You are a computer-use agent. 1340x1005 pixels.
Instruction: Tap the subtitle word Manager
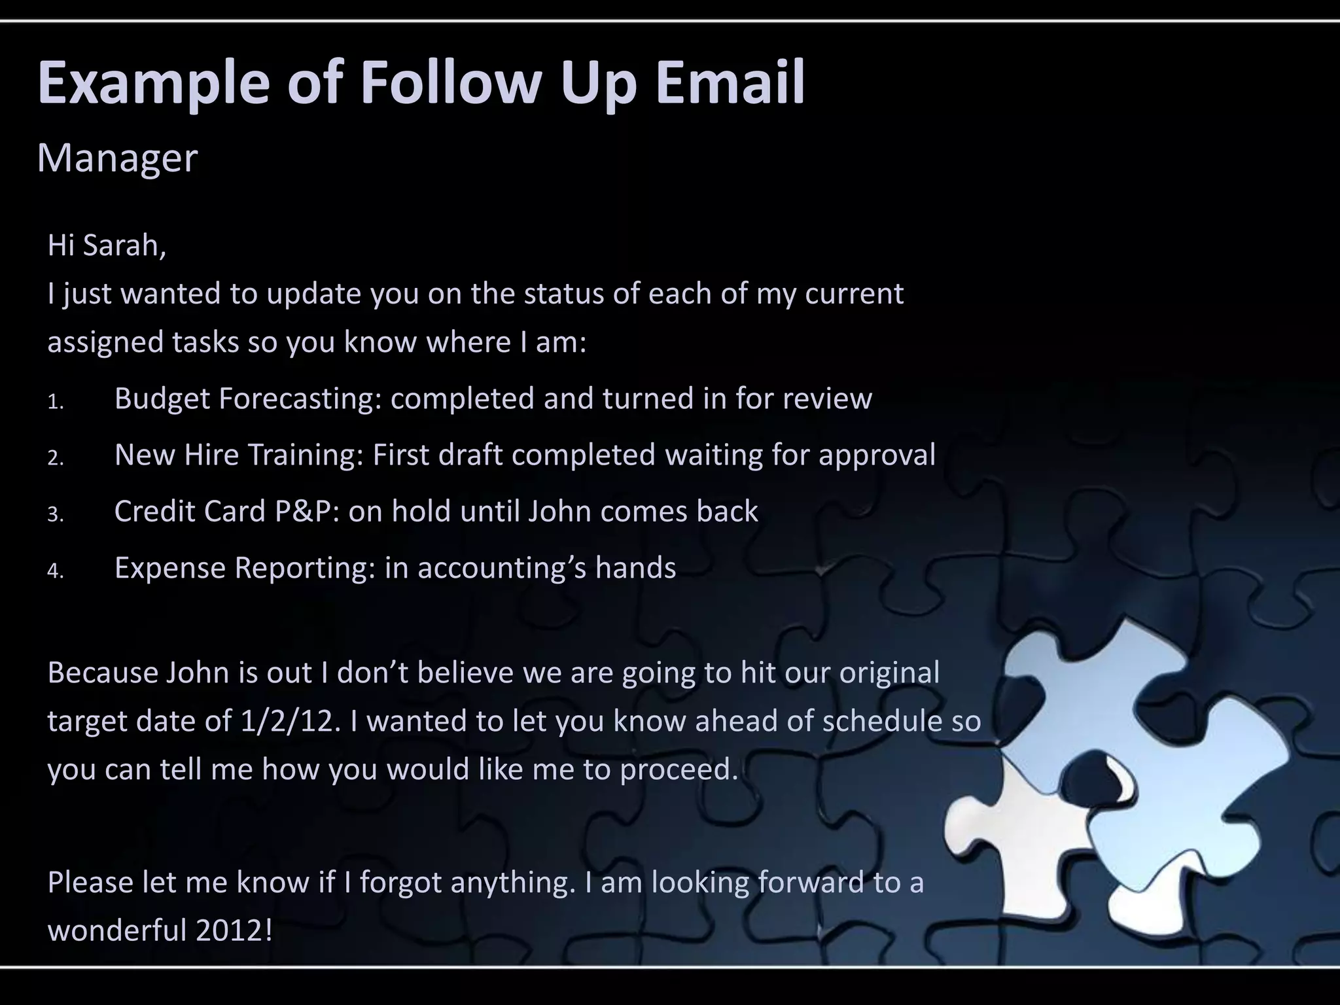tap(117, 158)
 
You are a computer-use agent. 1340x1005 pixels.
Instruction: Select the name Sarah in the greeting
tap(124, 245)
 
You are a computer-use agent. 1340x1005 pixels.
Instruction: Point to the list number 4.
tap(55, 571)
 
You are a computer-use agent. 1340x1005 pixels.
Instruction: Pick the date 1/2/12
tap(291, 721)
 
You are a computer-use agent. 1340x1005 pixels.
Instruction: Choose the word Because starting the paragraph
tap(101, 673)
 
